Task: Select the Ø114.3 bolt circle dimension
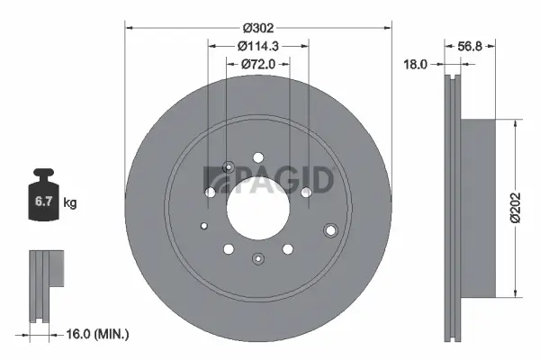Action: (x=257, y=47)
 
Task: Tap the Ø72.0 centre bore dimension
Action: (x=257, y=64)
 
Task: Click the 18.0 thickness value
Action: (x=415, y=65)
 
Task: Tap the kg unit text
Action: (x=70, y=203)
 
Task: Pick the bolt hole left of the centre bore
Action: (x=211, y=192)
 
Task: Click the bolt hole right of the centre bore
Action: (x=306, y=192)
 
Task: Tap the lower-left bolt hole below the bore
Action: (x=229, y=249)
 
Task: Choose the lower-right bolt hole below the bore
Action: (x=287, y=249)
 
